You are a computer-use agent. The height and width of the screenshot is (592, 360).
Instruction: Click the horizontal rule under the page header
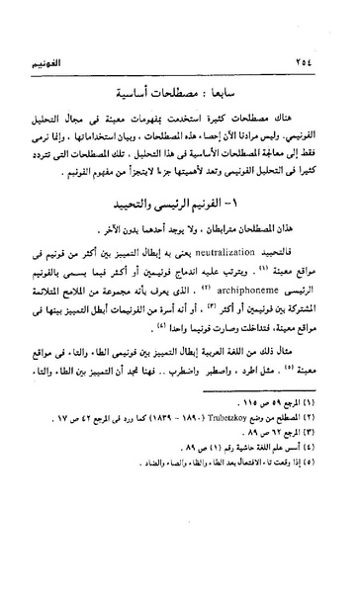pos(180,57)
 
